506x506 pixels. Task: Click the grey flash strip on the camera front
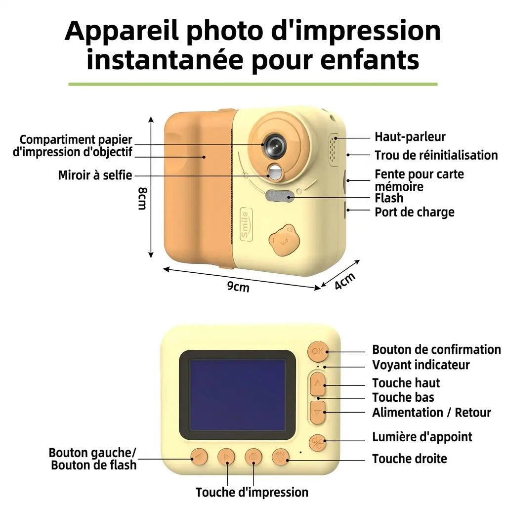click(280, 195)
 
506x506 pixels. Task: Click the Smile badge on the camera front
click(246, 224)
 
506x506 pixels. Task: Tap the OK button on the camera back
click(318, 351)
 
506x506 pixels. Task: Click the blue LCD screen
click(237, 395)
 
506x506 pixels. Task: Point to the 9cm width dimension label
click(238, 286)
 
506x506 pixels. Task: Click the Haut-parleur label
click(410, 136)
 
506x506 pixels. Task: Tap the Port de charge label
click(415, 212)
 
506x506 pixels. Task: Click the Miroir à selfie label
click(95, 175)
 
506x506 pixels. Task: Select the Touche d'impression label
click(252, 492)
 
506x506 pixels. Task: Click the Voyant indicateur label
click(421, 365)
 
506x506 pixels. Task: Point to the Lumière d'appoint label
click(422, 437)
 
